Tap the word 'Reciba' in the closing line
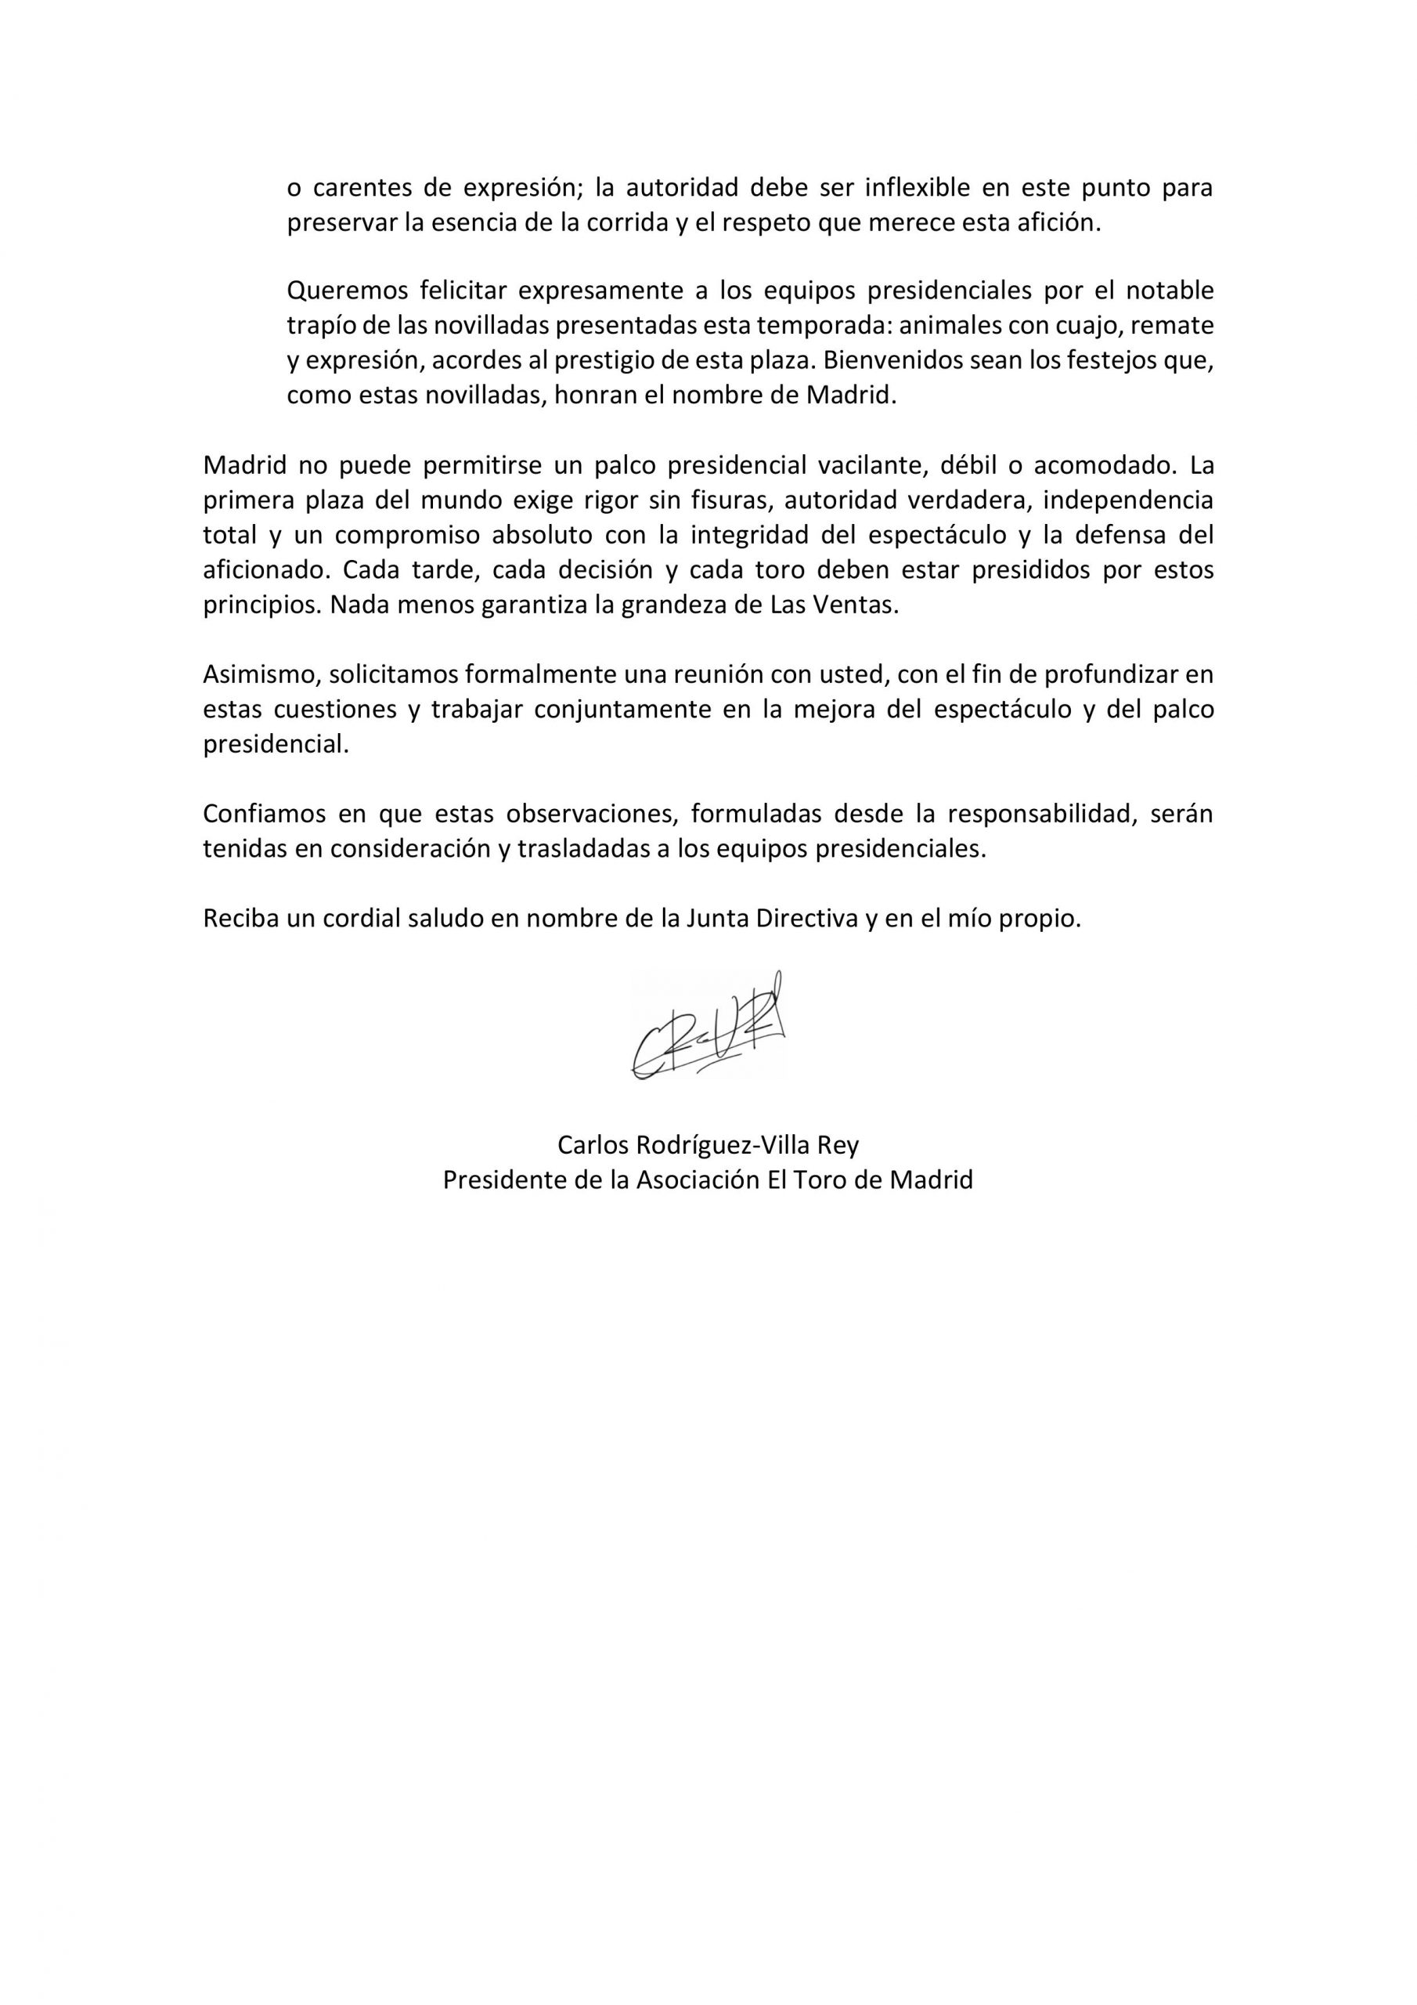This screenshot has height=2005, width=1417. point(233,919)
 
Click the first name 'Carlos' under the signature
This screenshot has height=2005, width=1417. point(589,1145)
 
